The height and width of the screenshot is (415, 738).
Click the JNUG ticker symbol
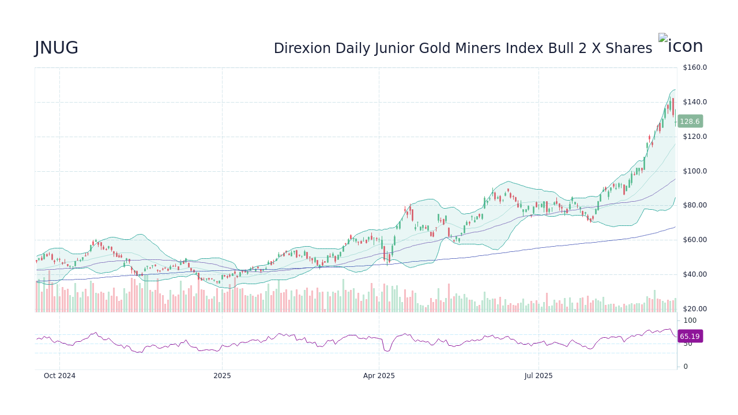click(57, 48)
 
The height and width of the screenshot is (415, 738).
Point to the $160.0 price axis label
click(694, 67)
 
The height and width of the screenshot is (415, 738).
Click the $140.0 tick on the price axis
click(694, 102)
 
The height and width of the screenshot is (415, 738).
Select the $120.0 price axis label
click(694, 137)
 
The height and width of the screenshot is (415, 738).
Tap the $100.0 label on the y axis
click(694, 171)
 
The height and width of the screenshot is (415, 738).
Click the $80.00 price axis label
click(694, 205)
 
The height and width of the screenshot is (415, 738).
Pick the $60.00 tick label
click(694, 240)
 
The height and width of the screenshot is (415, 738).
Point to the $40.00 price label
click(694, 274)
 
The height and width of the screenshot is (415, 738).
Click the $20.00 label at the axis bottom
click(694, 309)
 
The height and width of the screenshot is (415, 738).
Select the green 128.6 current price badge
click(690, 122)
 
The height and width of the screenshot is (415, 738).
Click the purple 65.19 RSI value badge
click(690, 337)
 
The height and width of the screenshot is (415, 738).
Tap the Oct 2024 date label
click(59, 376)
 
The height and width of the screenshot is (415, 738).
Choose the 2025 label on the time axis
click(222, 376)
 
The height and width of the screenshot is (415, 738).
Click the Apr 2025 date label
click(379, 376)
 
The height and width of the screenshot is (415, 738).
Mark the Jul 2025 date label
click(539, 376)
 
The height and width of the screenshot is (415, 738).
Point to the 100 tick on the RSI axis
click(690, 320)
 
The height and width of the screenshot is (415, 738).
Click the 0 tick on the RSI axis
click(685, 367)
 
